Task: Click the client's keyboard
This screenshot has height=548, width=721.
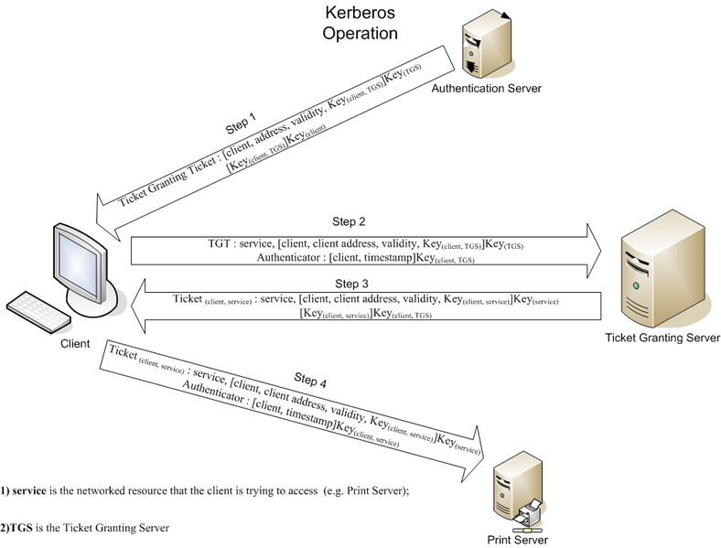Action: (36, 312)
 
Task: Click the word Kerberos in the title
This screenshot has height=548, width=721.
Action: (362, 13)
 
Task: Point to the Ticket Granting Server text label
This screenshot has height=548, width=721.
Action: (662, 338)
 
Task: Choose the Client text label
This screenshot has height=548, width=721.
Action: (74, 344)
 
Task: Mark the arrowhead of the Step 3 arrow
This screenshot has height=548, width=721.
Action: (144, 306)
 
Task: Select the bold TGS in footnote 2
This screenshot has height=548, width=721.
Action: (20, 528)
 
